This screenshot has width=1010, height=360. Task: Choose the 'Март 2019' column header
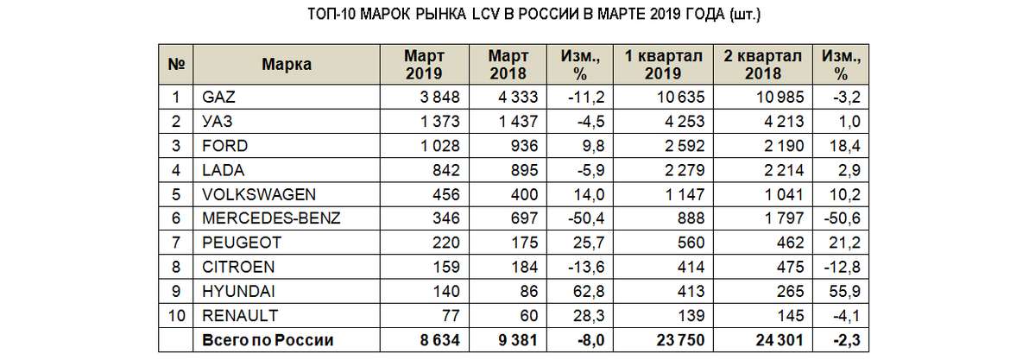pyautogui.click(x=423, y=64)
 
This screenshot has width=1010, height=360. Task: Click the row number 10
pyautogui.click(x=175, y=313)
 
